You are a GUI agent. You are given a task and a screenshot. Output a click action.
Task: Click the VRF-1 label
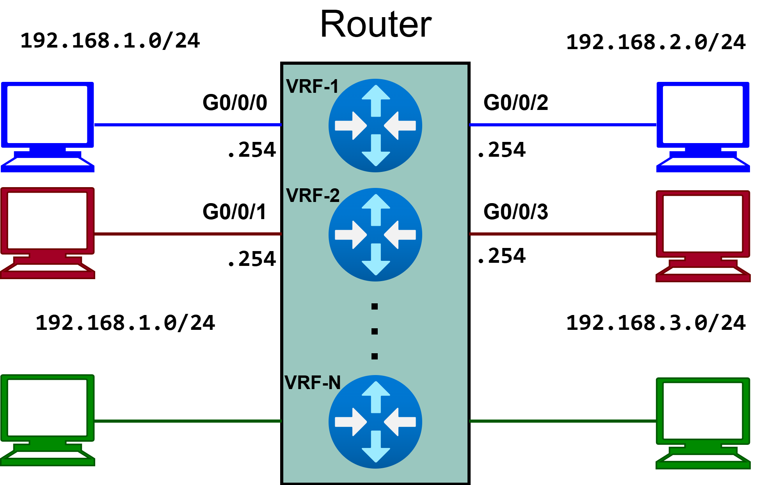point(312,87)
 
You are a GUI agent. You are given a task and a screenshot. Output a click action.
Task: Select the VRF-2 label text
point(313,195)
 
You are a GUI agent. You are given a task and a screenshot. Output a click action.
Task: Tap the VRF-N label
point(313,382)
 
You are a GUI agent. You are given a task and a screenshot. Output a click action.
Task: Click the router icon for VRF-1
point(375,126)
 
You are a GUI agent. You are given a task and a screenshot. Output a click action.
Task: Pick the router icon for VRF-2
point(375,235)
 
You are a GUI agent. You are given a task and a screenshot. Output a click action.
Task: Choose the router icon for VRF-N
point(375,422)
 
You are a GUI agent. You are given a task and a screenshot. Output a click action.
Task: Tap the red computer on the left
point(47,232)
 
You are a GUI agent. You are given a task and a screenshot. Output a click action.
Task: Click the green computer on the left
point(47,420)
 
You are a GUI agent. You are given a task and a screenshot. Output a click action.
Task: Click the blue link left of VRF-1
point(187,125)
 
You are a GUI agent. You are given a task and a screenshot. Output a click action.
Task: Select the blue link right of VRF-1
point(562,125)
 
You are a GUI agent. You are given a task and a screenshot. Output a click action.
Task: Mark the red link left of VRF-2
point(187,234)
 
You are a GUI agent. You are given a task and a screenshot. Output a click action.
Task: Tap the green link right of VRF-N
point(562,421)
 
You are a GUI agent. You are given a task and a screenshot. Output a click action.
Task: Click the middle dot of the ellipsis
point(375,331)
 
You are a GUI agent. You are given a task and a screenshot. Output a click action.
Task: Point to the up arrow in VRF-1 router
point(376,100)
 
